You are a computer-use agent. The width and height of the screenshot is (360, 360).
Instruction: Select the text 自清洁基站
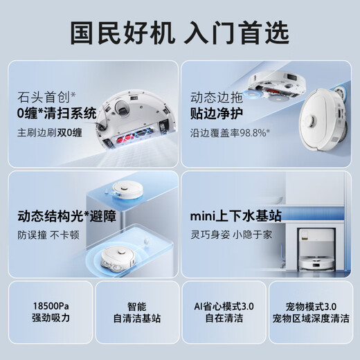click(x=136, y=318)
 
